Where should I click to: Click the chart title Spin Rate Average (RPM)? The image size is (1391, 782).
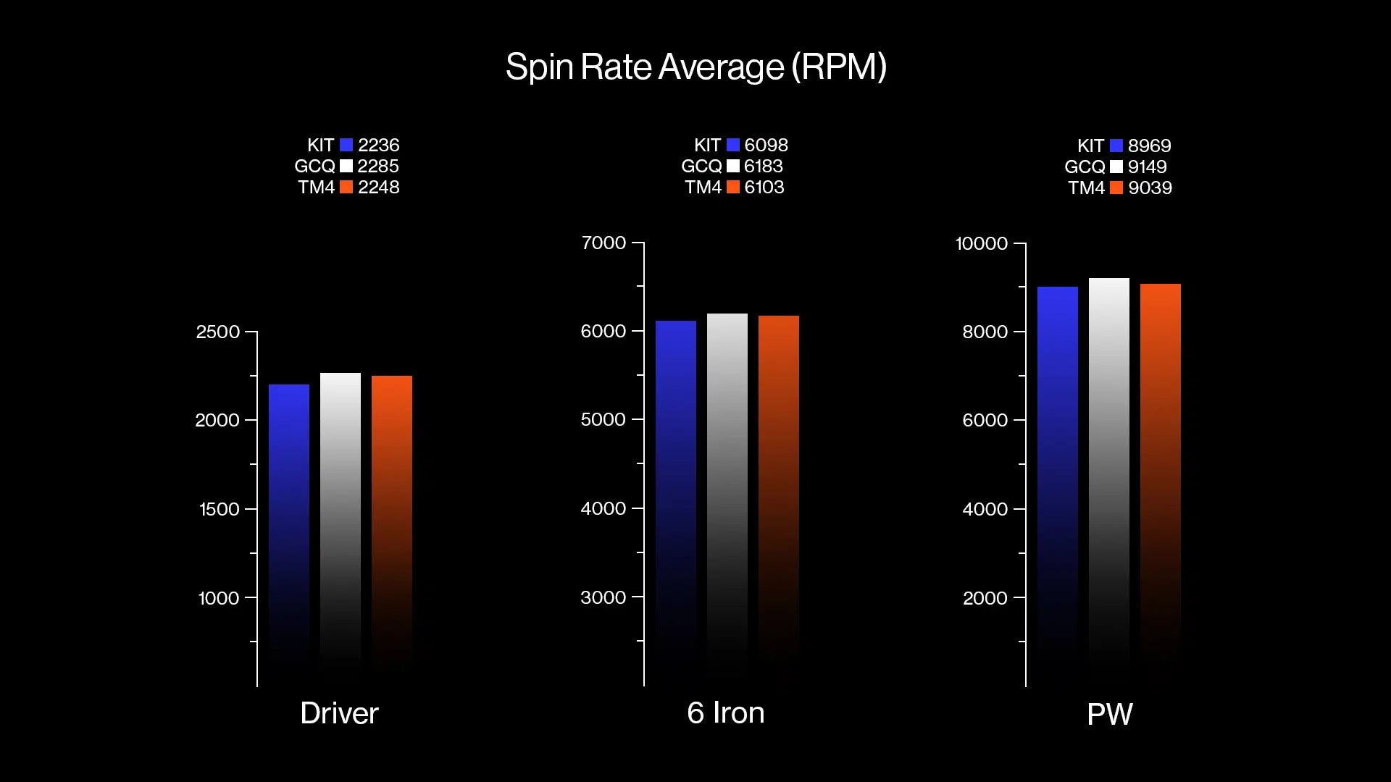[x=695, y=67]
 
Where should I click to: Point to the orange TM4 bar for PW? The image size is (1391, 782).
[x=1161, y=463]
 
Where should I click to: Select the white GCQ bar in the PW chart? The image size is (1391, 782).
[x=1109, y=463]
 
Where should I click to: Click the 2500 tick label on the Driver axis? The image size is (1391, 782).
[x=217, y=332]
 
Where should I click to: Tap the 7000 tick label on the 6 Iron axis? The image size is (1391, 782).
[x=603, y=243]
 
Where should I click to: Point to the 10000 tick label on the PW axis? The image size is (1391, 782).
[x=981, y=243]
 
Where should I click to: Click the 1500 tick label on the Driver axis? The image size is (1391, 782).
[x=219, y=509]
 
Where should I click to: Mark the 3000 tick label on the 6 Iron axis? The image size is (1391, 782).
[x=603, y=597]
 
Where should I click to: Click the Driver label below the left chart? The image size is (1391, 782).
[x=339, y=713]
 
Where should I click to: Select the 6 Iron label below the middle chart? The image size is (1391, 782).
[x=725, y=713]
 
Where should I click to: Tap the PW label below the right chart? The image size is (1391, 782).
[x=1109, y=715]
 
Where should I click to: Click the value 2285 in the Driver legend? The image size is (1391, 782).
[x=378, y=166]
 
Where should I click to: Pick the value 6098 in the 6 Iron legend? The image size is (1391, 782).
[x=766, y=145]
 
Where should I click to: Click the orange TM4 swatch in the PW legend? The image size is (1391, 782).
[x=1116, y=188]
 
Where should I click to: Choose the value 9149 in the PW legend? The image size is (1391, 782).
[x=1147, y=167]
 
